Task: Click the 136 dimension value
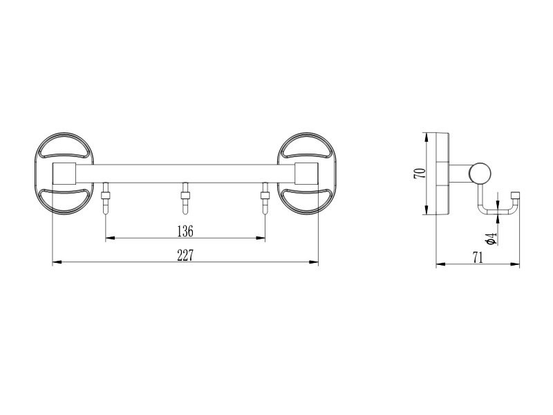pos(185,232)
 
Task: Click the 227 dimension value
pos(185,255)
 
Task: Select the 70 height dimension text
pos(420,174)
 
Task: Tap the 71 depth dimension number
pos(478,257)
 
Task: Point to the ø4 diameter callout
pos(491,238)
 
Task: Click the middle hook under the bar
pos(185,198)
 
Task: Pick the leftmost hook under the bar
pos(106,198)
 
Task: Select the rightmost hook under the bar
pos(265,198)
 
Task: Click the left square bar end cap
pos(64,174)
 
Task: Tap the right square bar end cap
pos(306,174)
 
